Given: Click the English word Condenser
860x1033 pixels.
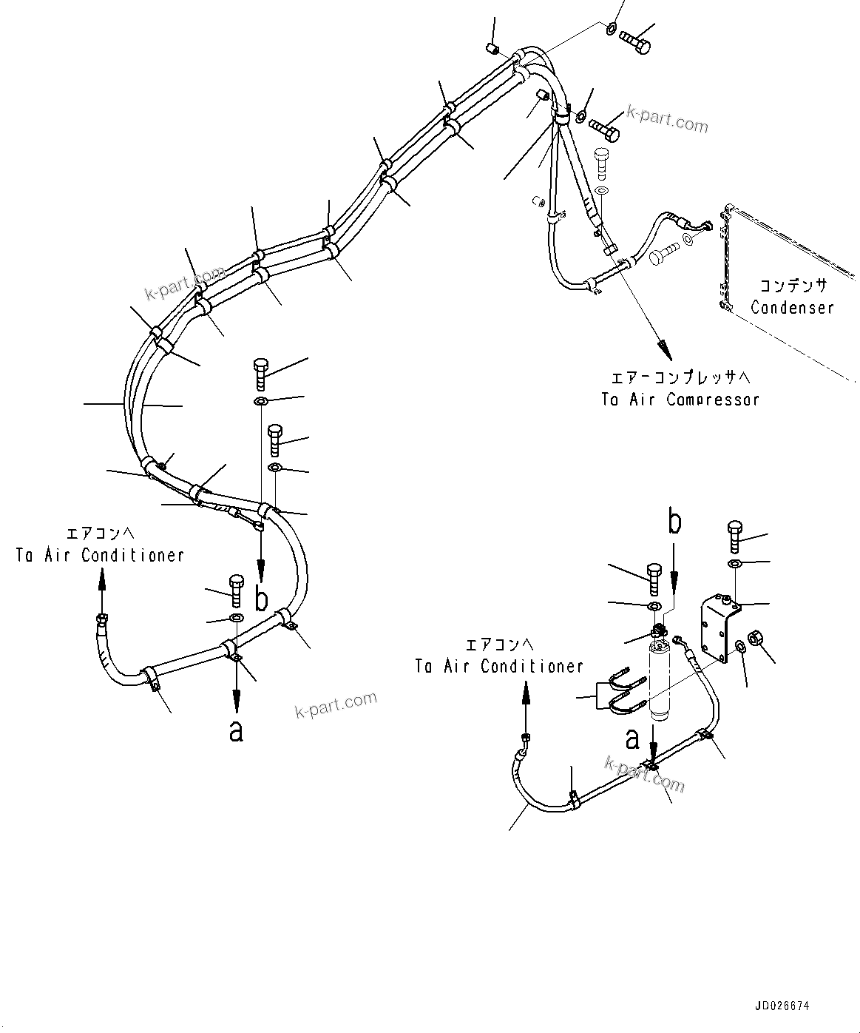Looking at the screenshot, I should point(792,308).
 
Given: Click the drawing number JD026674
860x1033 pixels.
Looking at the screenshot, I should point(782,1006).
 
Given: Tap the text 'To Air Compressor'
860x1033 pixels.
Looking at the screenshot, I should point(680,400).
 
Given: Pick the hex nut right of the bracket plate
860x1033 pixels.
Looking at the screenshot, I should point(756,638).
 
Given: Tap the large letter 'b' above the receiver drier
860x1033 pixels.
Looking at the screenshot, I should point(674,522).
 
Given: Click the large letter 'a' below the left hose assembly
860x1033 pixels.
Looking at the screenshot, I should point(236,730).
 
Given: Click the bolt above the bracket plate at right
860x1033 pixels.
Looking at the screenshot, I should point(734,536).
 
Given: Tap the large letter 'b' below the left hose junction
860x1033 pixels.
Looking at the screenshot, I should point(260,598).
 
